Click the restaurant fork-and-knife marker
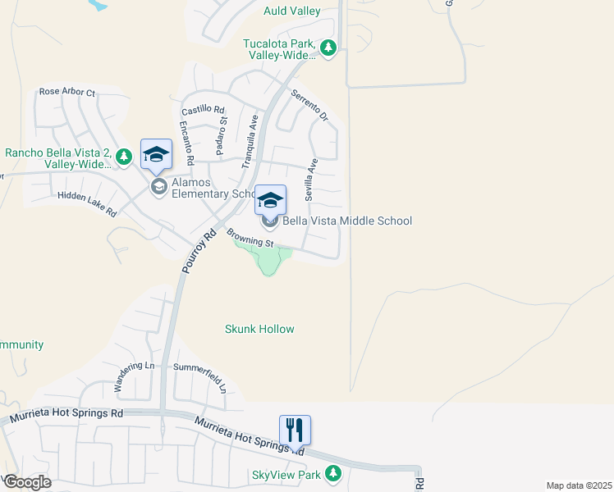coord(295,430)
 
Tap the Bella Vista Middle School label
coord(347,221)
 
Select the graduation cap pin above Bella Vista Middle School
coord(270,200)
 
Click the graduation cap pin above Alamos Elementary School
coord(156,154)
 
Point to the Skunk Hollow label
coord(259,329)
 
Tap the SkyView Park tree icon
coord(332,474)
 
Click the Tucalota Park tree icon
coord(328,48)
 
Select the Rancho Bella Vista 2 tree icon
coord(124,156)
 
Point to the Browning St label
coord(250,239)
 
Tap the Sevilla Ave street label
coord(311,180)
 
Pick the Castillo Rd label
coord(203,109)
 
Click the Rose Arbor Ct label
coord(67,92)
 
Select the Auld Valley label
coord(291,11)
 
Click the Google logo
coord(28,481)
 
